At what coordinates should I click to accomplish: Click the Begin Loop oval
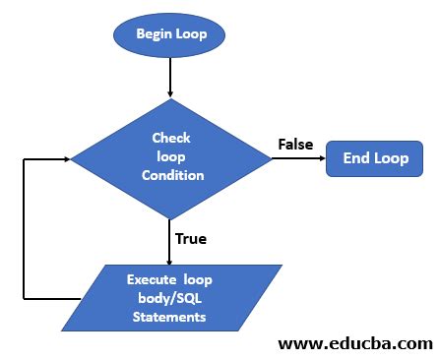(x=171, y=36)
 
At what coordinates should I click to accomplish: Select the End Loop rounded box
(x=375, y=157)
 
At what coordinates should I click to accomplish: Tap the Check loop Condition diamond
(x=171, y=157)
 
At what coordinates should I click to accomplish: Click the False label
(x=295, y=145)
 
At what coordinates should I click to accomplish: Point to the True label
(x=190, y=237)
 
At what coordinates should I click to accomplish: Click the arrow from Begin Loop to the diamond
(x=171, y=76)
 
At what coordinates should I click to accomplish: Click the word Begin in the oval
(x=155, y=36)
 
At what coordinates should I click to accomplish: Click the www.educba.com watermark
(x=355, y=343)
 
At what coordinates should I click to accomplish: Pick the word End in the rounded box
(x=355, y=157)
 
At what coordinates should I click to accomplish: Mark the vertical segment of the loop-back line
(x=23, y=227)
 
